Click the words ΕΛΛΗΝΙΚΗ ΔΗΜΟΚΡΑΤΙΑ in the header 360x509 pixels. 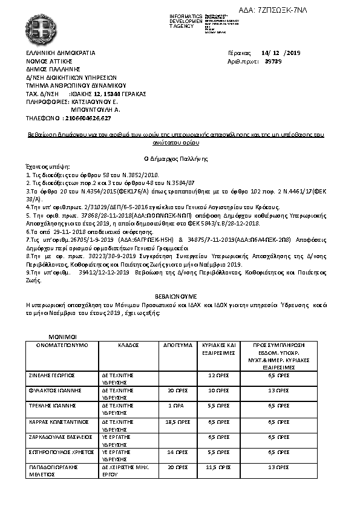tap(61, 53)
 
